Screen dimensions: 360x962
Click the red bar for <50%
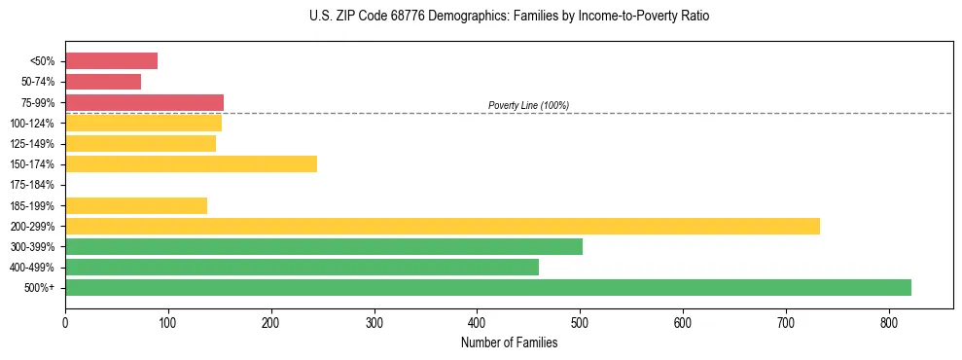[x=111, y=61]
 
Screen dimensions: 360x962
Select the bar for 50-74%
[x=103, y=82]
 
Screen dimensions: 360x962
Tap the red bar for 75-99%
[x=144, y=102]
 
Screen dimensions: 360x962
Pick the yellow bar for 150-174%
[x=191, y=163]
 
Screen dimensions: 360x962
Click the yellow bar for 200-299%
[x=443, y=226]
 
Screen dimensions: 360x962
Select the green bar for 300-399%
[x=324, y=246]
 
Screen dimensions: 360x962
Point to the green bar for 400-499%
[x=302, y=267]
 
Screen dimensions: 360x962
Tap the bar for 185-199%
[x=136, y=205]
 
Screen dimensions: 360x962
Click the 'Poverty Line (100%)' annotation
[x=528, y=105]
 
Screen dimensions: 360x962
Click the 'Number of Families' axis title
[x=509, y=342]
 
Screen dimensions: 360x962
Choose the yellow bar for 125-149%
[x=140, y=143]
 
